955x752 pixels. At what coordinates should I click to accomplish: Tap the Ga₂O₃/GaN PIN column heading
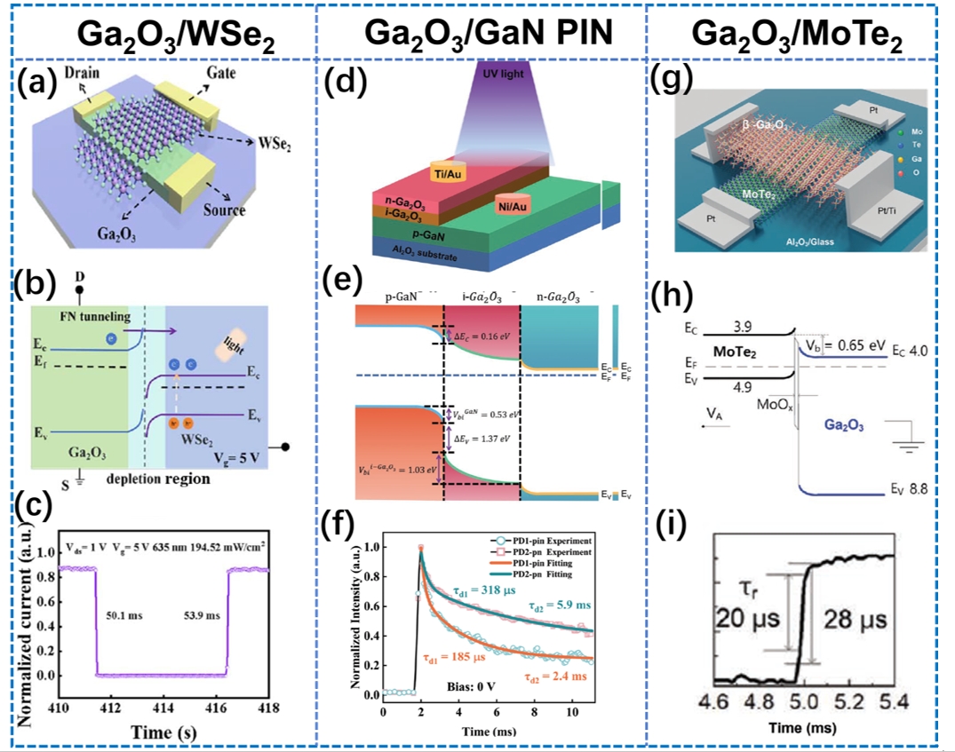point(481,35)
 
